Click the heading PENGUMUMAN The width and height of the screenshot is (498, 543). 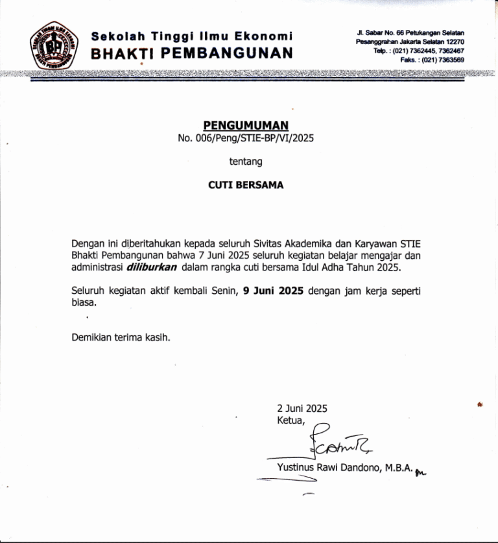coord(246,125)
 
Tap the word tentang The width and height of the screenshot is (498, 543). coord(246,161)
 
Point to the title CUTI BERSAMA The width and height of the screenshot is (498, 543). coord(246,185)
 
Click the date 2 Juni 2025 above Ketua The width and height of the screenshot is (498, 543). coord(302,408)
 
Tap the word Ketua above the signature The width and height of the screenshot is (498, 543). coord(290,420)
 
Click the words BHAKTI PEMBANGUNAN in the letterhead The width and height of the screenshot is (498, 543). coord(192,53)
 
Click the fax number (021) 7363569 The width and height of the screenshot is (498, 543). coord(441,60)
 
